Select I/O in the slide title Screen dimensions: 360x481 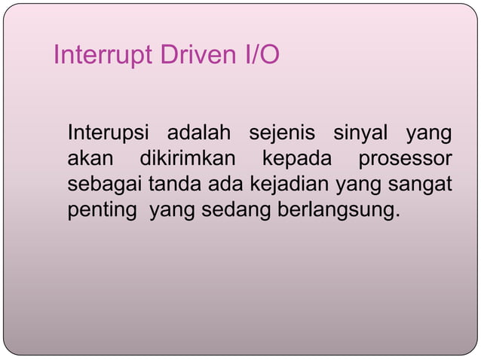tap(259, 56)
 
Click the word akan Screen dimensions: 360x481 tap(90, 160)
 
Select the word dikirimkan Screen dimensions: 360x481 tap(188, 160)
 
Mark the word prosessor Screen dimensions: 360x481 tap(405, 160)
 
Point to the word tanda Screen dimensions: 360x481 tap(173, 185)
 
